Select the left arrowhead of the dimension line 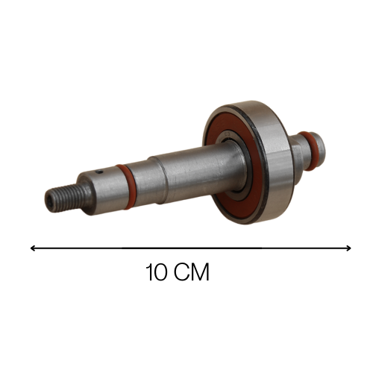(32, 248)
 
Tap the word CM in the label (192, 272)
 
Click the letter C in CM (182, 272)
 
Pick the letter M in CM (201, 272)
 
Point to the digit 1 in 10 (149, 272)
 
